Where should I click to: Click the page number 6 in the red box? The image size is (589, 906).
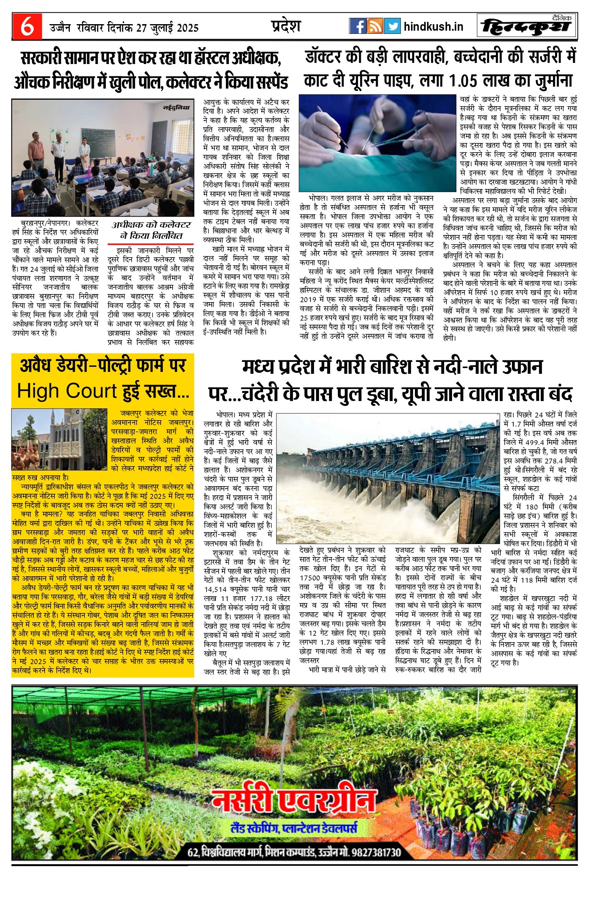pos(26,26)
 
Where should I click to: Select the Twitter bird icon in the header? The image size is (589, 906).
pos(392,26)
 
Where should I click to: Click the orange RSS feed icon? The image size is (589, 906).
pos(375,26)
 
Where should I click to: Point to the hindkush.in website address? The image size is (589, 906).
pos(433,26)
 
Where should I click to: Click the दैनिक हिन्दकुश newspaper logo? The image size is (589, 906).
pos(526,26)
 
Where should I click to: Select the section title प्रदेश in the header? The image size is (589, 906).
pos(286,26)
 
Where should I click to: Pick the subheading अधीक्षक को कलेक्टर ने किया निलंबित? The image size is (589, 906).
pos(151,230)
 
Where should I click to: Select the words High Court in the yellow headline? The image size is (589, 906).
pos(67,391)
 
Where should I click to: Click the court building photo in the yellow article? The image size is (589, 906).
pos(59,439)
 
